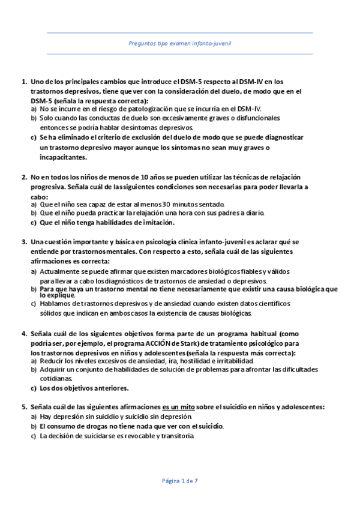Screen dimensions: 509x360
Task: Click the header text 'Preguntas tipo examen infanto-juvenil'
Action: point(181,44)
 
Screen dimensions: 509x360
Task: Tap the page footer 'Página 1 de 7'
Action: point(180,481)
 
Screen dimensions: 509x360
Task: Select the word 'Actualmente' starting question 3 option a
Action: point(58,272)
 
